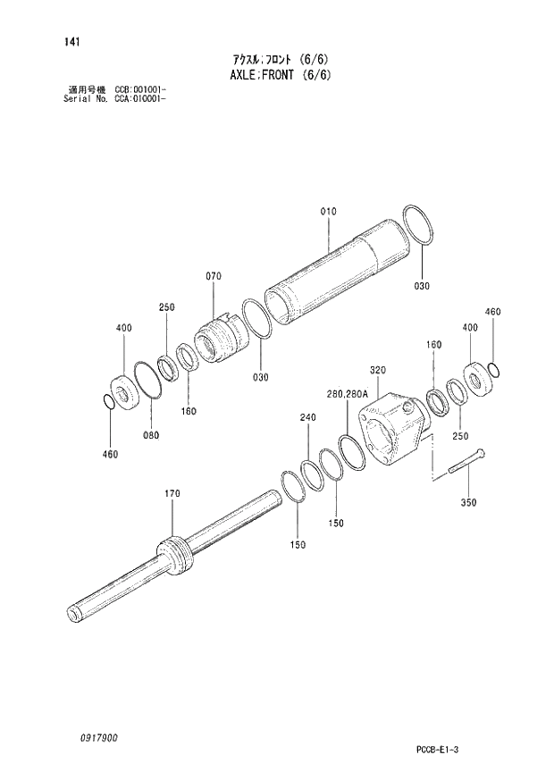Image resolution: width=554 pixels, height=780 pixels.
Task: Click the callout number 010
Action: coord(328,212)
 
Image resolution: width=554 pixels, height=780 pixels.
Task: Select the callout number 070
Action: coord(213,277)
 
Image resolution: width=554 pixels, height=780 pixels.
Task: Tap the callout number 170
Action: coord(172,493)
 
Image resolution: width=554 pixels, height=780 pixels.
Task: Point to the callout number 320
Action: coord(377,370)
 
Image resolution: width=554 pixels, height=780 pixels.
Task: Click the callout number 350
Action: coord(468,502)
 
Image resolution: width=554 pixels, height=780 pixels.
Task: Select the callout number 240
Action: coord(308,417)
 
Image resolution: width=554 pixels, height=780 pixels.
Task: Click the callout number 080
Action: coord(151,435)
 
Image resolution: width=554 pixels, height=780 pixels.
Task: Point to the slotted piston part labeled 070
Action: coord(216,339)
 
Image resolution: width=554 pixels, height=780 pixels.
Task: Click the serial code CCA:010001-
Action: coord(140,97)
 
